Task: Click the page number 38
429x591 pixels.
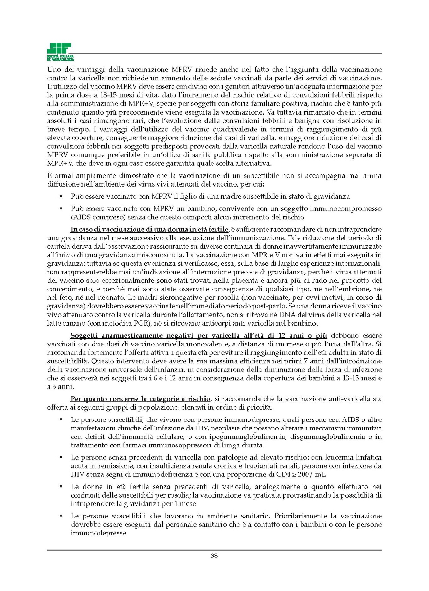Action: pyautogui.click(x=214, y=556)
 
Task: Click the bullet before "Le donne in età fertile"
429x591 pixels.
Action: pyautogui.click(x=62, y=487)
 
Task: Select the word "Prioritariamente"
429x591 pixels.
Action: pyautogui.click(x=301, y=516)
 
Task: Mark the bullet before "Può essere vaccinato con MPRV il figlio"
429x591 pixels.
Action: pyautogui.click(x=62, y=197)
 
